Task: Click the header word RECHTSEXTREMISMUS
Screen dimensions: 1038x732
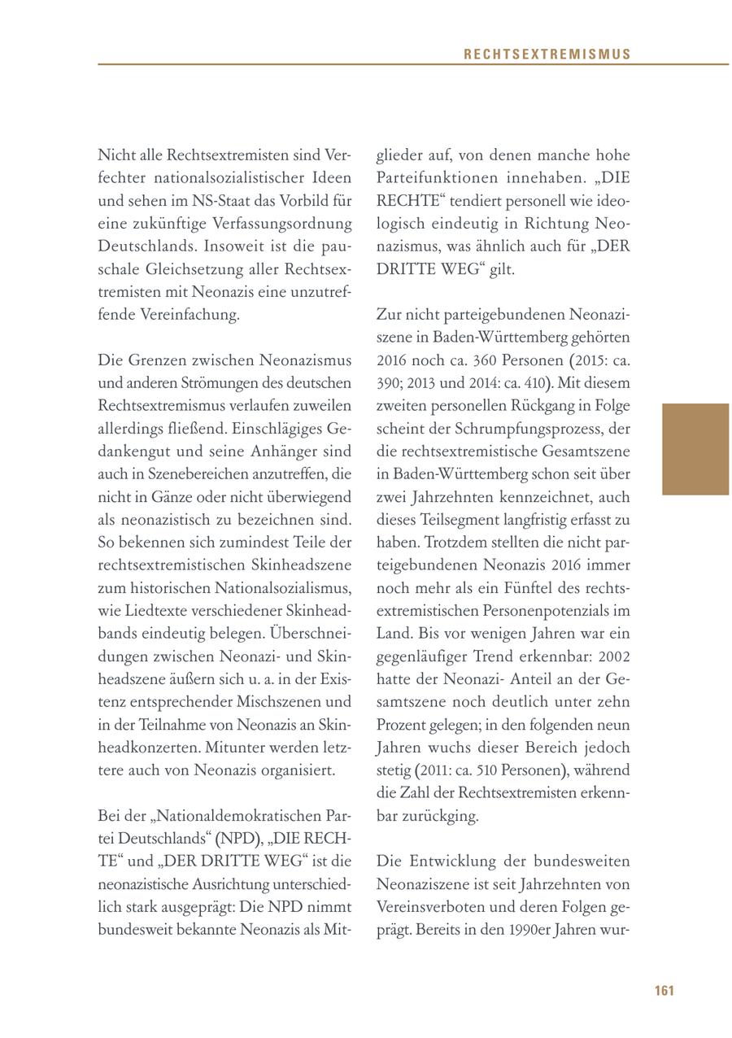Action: (x=547, y=55)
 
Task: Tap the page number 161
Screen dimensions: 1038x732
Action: (x=664, y=990)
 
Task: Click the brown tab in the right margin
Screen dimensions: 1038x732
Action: (x=695, y=449)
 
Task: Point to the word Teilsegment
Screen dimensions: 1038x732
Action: (x=454, y=519)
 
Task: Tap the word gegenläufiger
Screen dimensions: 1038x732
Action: (x=425, y=656)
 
